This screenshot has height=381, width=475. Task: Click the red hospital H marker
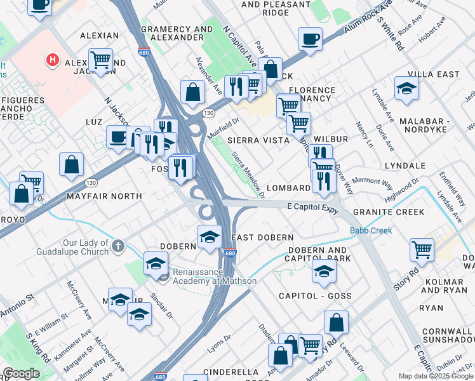pos(53,60)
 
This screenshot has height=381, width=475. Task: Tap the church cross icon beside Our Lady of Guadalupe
pos(117,245)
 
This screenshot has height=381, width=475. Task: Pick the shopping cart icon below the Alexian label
pos(100,60)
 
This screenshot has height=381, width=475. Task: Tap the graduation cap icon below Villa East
pos(406,89)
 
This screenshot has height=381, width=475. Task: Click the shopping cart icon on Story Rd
pos(422,250)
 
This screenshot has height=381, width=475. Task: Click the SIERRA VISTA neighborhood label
pos(253,139)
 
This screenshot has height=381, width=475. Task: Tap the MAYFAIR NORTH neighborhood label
pos(104,196)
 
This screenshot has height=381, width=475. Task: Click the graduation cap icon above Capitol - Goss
pos(324,271)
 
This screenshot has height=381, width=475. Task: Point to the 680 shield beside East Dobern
pos(229,253)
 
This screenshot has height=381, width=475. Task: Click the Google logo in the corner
pos(22,373)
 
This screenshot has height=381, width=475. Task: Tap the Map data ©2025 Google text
pos(436,376)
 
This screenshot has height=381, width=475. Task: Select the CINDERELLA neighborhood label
pos(231,372)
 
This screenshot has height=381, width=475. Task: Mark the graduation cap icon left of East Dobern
pos(210,236)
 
